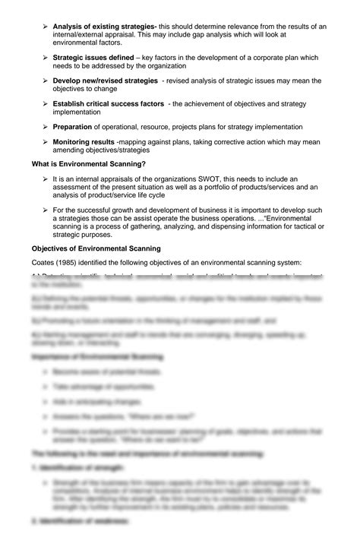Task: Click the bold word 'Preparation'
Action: tap(72, 126)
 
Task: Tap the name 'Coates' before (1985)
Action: tap(43, 263)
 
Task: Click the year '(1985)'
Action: tap(71, 263)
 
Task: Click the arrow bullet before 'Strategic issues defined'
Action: tap(45, 58)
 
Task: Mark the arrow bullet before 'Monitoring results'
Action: tap(45, 141)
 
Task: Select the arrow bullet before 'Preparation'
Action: tap(45, 126)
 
